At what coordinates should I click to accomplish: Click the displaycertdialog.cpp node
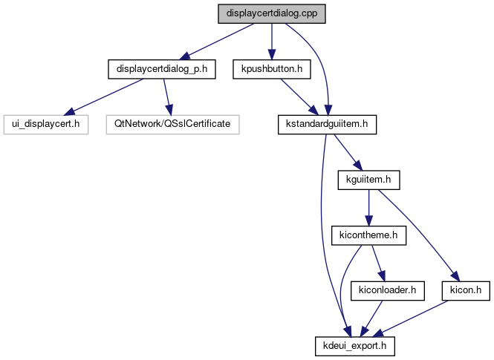point(273,14)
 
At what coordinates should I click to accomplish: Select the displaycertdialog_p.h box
point(161,69)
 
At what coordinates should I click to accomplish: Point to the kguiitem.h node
point(368,179)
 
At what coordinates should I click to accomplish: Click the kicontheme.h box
point(368,236)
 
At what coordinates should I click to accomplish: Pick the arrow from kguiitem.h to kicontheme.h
point(368,207)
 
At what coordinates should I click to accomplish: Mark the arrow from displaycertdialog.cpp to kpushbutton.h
point(271,41)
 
